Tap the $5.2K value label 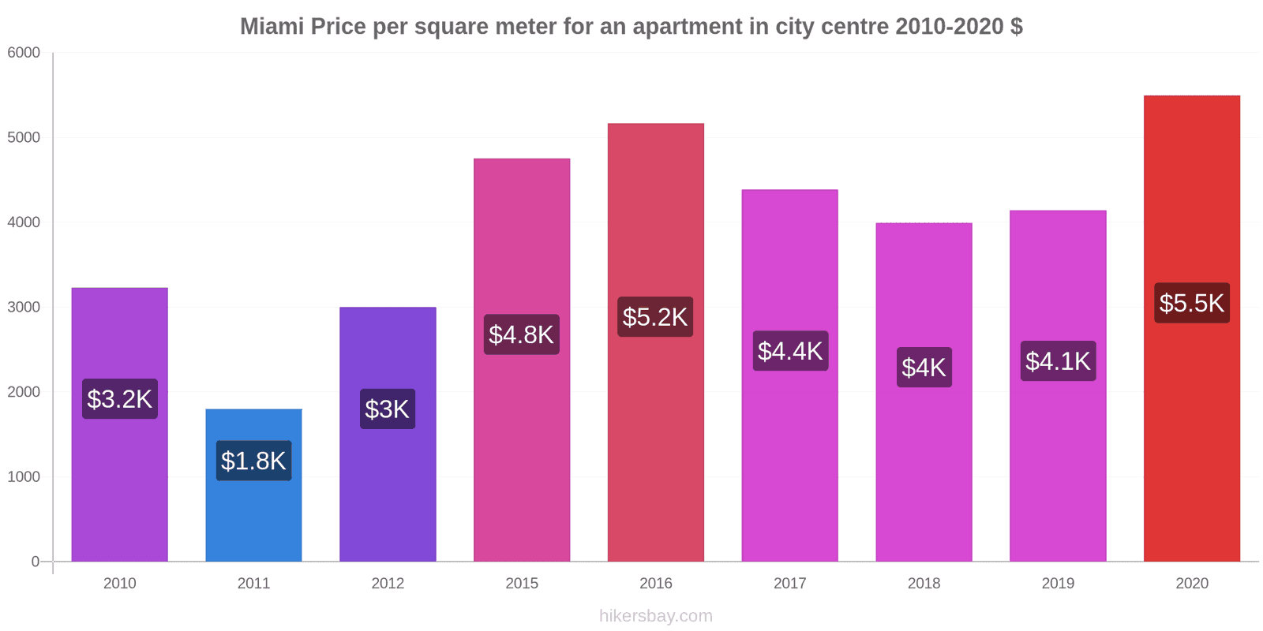point(655,317)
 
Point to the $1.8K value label point(253,461)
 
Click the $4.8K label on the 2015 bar point(521,334)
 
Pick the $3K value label point(387,409)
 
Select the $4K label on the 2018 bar point(924,368)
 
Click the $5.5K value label point(1191,303)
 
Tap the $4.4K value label point(789,351)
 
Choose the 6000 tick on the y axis point(24,53)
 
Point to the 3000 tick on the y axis point(24,308)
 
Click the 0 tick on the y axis point(36,562)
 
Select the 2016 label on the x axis point(655,584)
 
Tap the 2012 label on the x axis point(387,584)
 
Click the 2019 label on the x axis point(1057,584)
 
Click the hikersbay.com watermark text point(655,616)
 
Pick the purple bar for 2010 point(119,489)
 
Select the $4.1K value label point(1057,361)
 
